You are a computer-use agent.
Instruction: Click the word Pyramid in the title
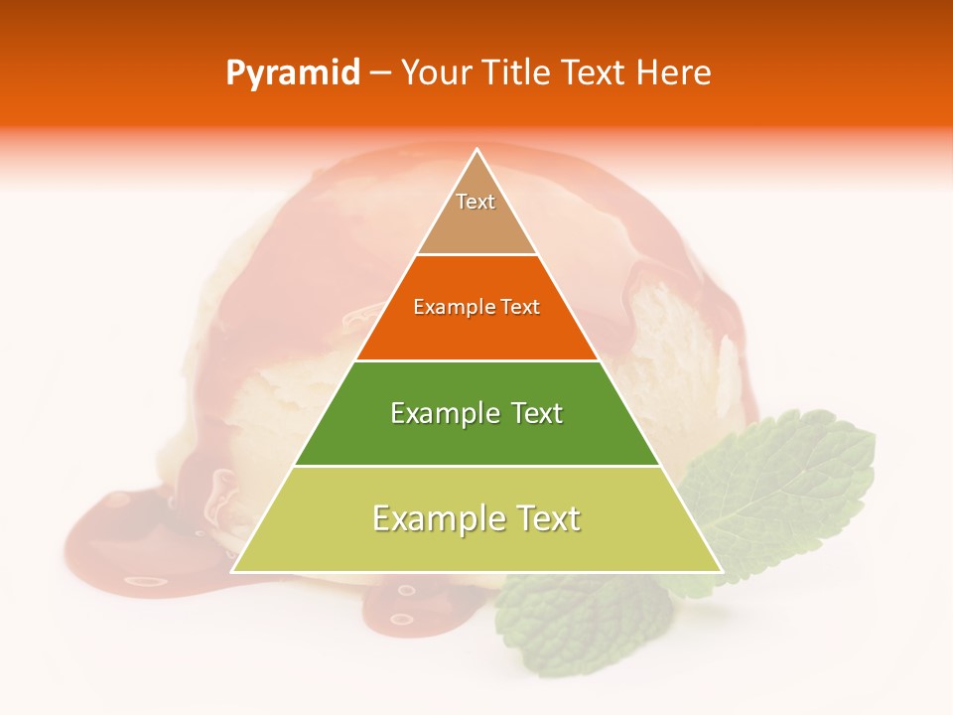point(292,73)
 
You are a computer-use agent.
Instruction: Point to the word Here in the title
point(675,73)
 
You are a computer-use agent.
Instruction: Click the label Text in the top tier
point(476,202)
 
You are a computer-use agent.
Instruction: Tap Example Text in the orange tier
point(476,307)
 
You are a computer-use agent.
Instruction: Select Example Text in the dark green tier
point(476,413)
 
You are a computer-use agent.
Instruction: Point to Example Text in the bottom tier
point(476,518)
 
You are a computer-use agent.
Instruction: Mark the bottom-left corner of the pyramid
point(232,571)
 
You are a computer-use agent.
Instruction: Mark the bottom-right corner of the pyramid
point(722,571)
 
